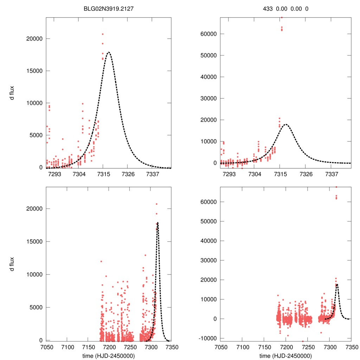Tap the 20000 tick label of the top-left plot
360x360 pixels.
click(x=34, y=39)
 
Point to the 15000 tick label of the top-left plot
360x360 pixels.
click(x=34, y=71)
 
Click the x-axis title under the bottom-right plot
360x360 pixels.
click(x=285, y=355)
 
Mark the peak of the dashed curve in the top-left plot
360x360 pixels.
click(x=109, y=52)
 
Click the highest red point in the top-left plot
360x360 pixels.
click(x=103, y=34)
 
